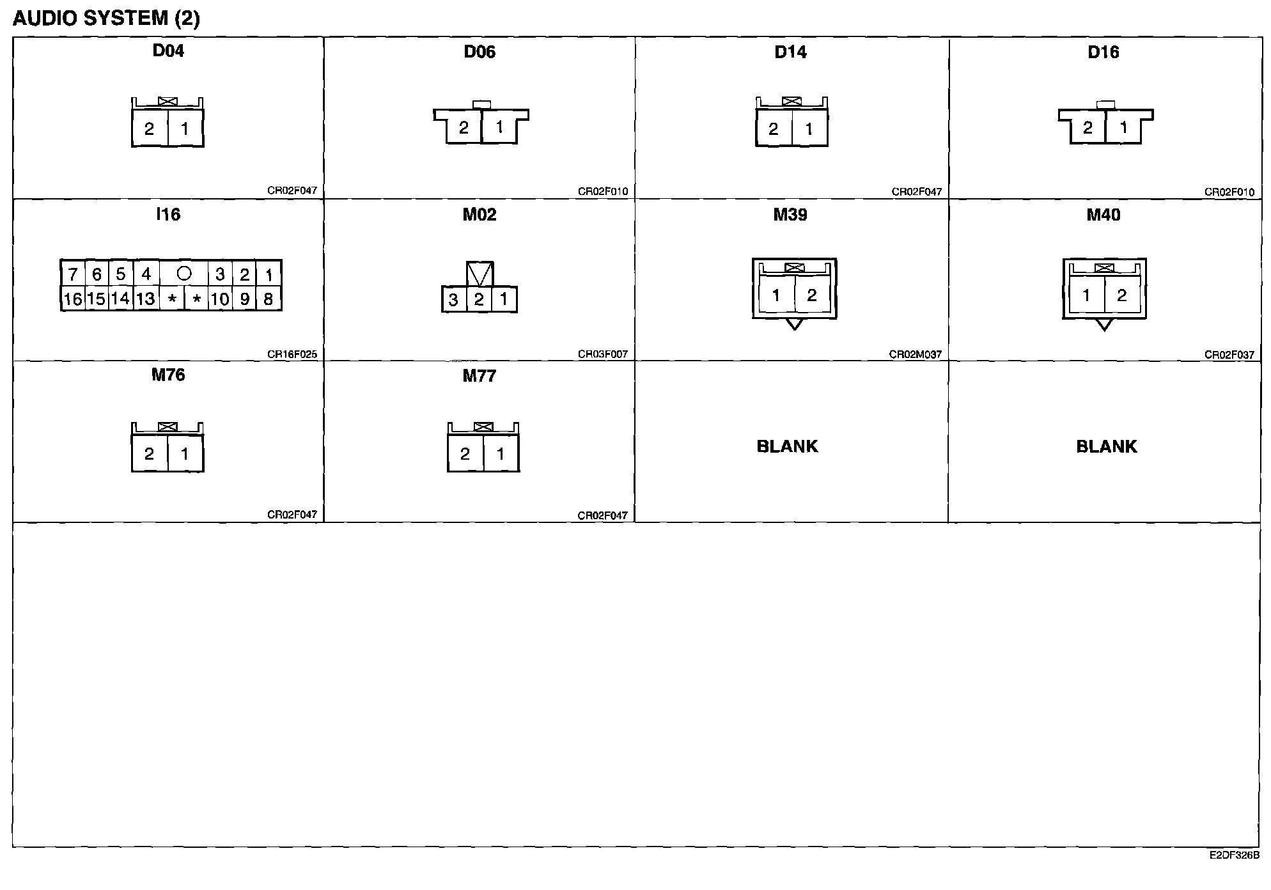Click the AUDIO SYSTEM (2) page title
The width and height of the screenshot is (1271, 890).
click(x=106, y=18)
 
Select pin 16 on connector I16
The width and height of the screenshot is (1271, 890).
click(x=73, y=299)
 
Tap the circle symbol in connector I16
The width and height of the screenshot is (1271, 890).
click(x=184, y=274)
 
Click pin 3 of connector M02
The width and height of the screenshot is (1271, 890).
click(x=453, y=299)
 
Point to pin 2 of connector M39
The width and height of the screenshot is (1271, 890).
click(x=812, y=295)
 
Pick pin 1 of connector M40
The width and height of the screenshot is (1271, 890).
click(x=1086, y=295)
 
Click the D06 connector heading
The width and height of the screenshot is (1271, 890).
click(x=480, y=52)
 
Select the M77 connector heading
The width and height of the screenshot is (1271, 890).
click(x=480, y=375)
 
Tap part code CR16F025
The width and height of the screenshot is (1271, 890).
click(x=292, y=354)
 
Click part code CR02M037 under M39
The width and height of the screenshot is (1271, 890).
click(x=916, y=354)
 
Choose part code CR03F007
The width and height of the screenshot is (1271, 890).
click(x=603, y=354)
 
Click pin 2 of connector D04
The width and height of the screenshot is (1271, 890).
click(x=149, y=129)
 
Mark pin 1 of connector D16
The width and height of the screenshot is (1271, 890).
click(x=1123, y=128)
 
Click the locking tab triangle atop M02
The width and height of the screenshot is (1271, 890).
click(x=480, y=273)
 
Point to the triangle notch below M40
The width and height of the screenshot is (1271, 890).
click(x=1104, y=325)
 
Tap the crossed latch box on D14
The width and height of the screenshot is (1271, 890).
click(x=791, y=101)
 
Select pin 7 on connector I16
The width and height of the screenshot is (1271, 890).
click(x=73, y=274)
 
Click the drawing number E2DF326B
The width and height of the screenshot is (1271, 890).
click(x=1234, y=855)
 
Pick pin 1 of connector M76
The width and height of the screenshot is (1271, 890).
click(x=185, y=454)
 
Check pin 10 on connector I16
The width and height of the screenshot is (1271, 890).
click(x=220, y=299)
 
